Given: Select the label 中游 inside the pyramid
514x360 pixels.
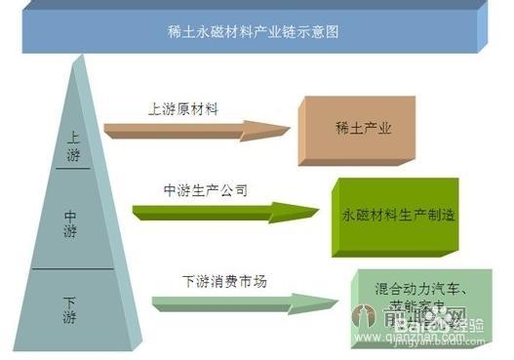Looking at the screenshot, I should (x=72, y=223).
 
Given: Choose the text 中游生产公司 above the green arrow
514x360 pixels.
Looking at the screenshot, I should (x=204, y=189).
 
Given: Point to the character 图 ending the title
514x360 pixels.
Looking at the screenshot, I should (x=331, y=32).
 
